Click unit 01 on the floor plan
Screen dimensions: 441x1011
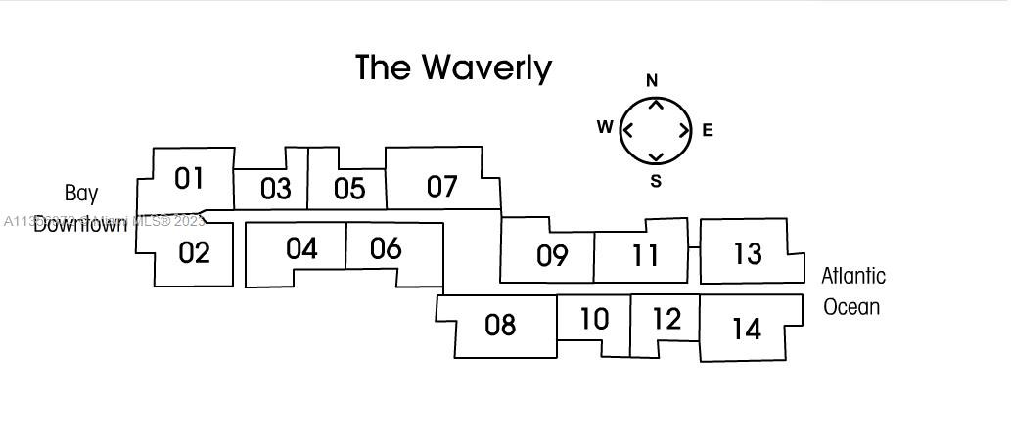pos(189,179)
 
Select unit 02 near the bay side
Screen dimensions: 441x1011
pos(195,253)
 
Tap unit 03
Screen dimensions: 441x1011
pos(275,189)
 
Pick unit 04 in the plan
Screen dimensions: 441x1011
pos(301,249)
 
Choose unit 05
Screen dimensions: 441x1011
pos(348,188)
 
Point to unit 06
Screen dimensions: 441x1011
pos(386,249)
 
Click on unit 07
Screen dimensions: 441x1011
pos(442,186)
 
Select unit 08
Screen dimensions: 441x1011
pos(500,325)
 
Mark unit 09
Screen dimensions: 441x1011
pos(552,256)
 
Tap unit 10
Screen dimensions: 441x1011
pos(594,319)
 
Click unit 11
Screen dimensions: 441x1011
pos(644,256)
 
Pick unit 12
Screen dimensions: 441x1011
pos(666,319)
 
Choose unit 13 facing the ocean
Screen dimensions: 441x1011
pos(747,254)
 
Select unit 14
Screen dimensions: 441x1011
pos(746,330)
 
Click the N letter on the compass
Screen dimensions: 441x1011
pos(653,80)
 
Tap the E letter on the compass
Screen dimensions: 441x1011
pos(708,130)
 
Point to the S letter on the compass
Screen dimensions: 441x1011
pos(656,181)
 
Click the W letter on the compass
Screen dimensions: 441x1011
pos(605,127)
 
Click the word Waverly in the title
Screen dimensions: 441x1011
pos(487,67)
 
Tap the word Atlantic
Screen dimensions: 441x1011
pos(853,277)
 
